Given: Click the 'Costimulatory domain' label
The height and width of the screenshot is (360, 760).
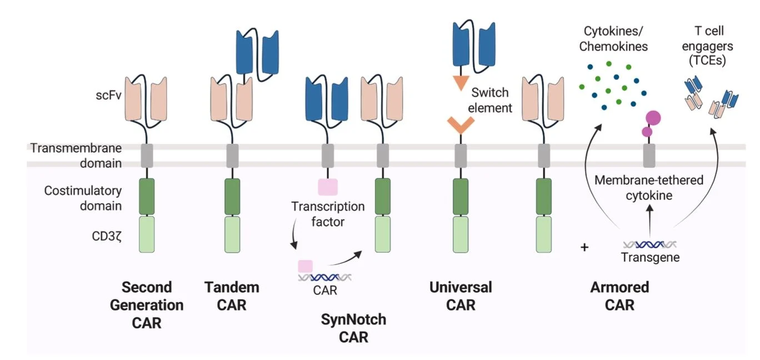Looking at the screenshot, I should [x=83, y=198].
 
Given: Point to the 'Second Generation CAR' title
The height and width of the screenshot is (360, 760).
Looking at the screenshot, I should [x=147, y=304].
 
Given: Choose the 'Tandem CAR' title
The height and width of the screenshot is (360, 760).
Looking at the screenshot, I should [x=232, y=296].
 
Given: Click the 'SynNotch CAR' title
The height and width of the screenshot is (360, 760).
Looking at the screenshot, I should [x=353, y=328].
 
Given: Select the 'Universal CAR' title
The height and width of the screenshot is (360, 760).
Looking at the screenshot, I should [x=461, y=296].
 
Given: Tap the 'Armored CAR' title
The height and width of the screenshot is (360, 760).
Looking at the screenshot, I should [x=619, y=296].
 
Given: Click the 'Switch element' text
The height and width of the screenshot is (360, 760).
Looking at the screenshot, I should [x=489, y=100].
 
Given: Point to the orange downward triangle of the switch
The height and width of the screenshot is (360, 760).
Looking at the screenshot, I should [x=461, y=83].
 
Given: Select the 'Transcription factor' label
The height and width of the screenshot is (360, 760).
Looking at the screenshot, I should [x=328, y=214].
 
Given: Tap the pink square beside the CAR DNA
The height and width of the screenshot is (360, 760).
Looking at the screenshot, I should [x=306, y=266].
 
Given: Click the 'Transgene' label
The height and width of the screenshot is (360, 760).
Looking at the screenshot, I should [x=650, y=257].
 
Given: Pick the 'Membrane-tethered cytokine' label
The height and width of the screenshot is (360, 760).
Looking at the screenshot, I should [x=649, y=188].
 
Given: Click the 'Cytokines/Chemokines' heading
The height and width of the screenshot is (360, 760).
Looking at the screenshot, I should [x=613, y=38].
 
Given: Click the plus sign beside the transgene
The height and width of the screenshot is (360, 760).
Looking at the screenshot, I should [x=584, y=247].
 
